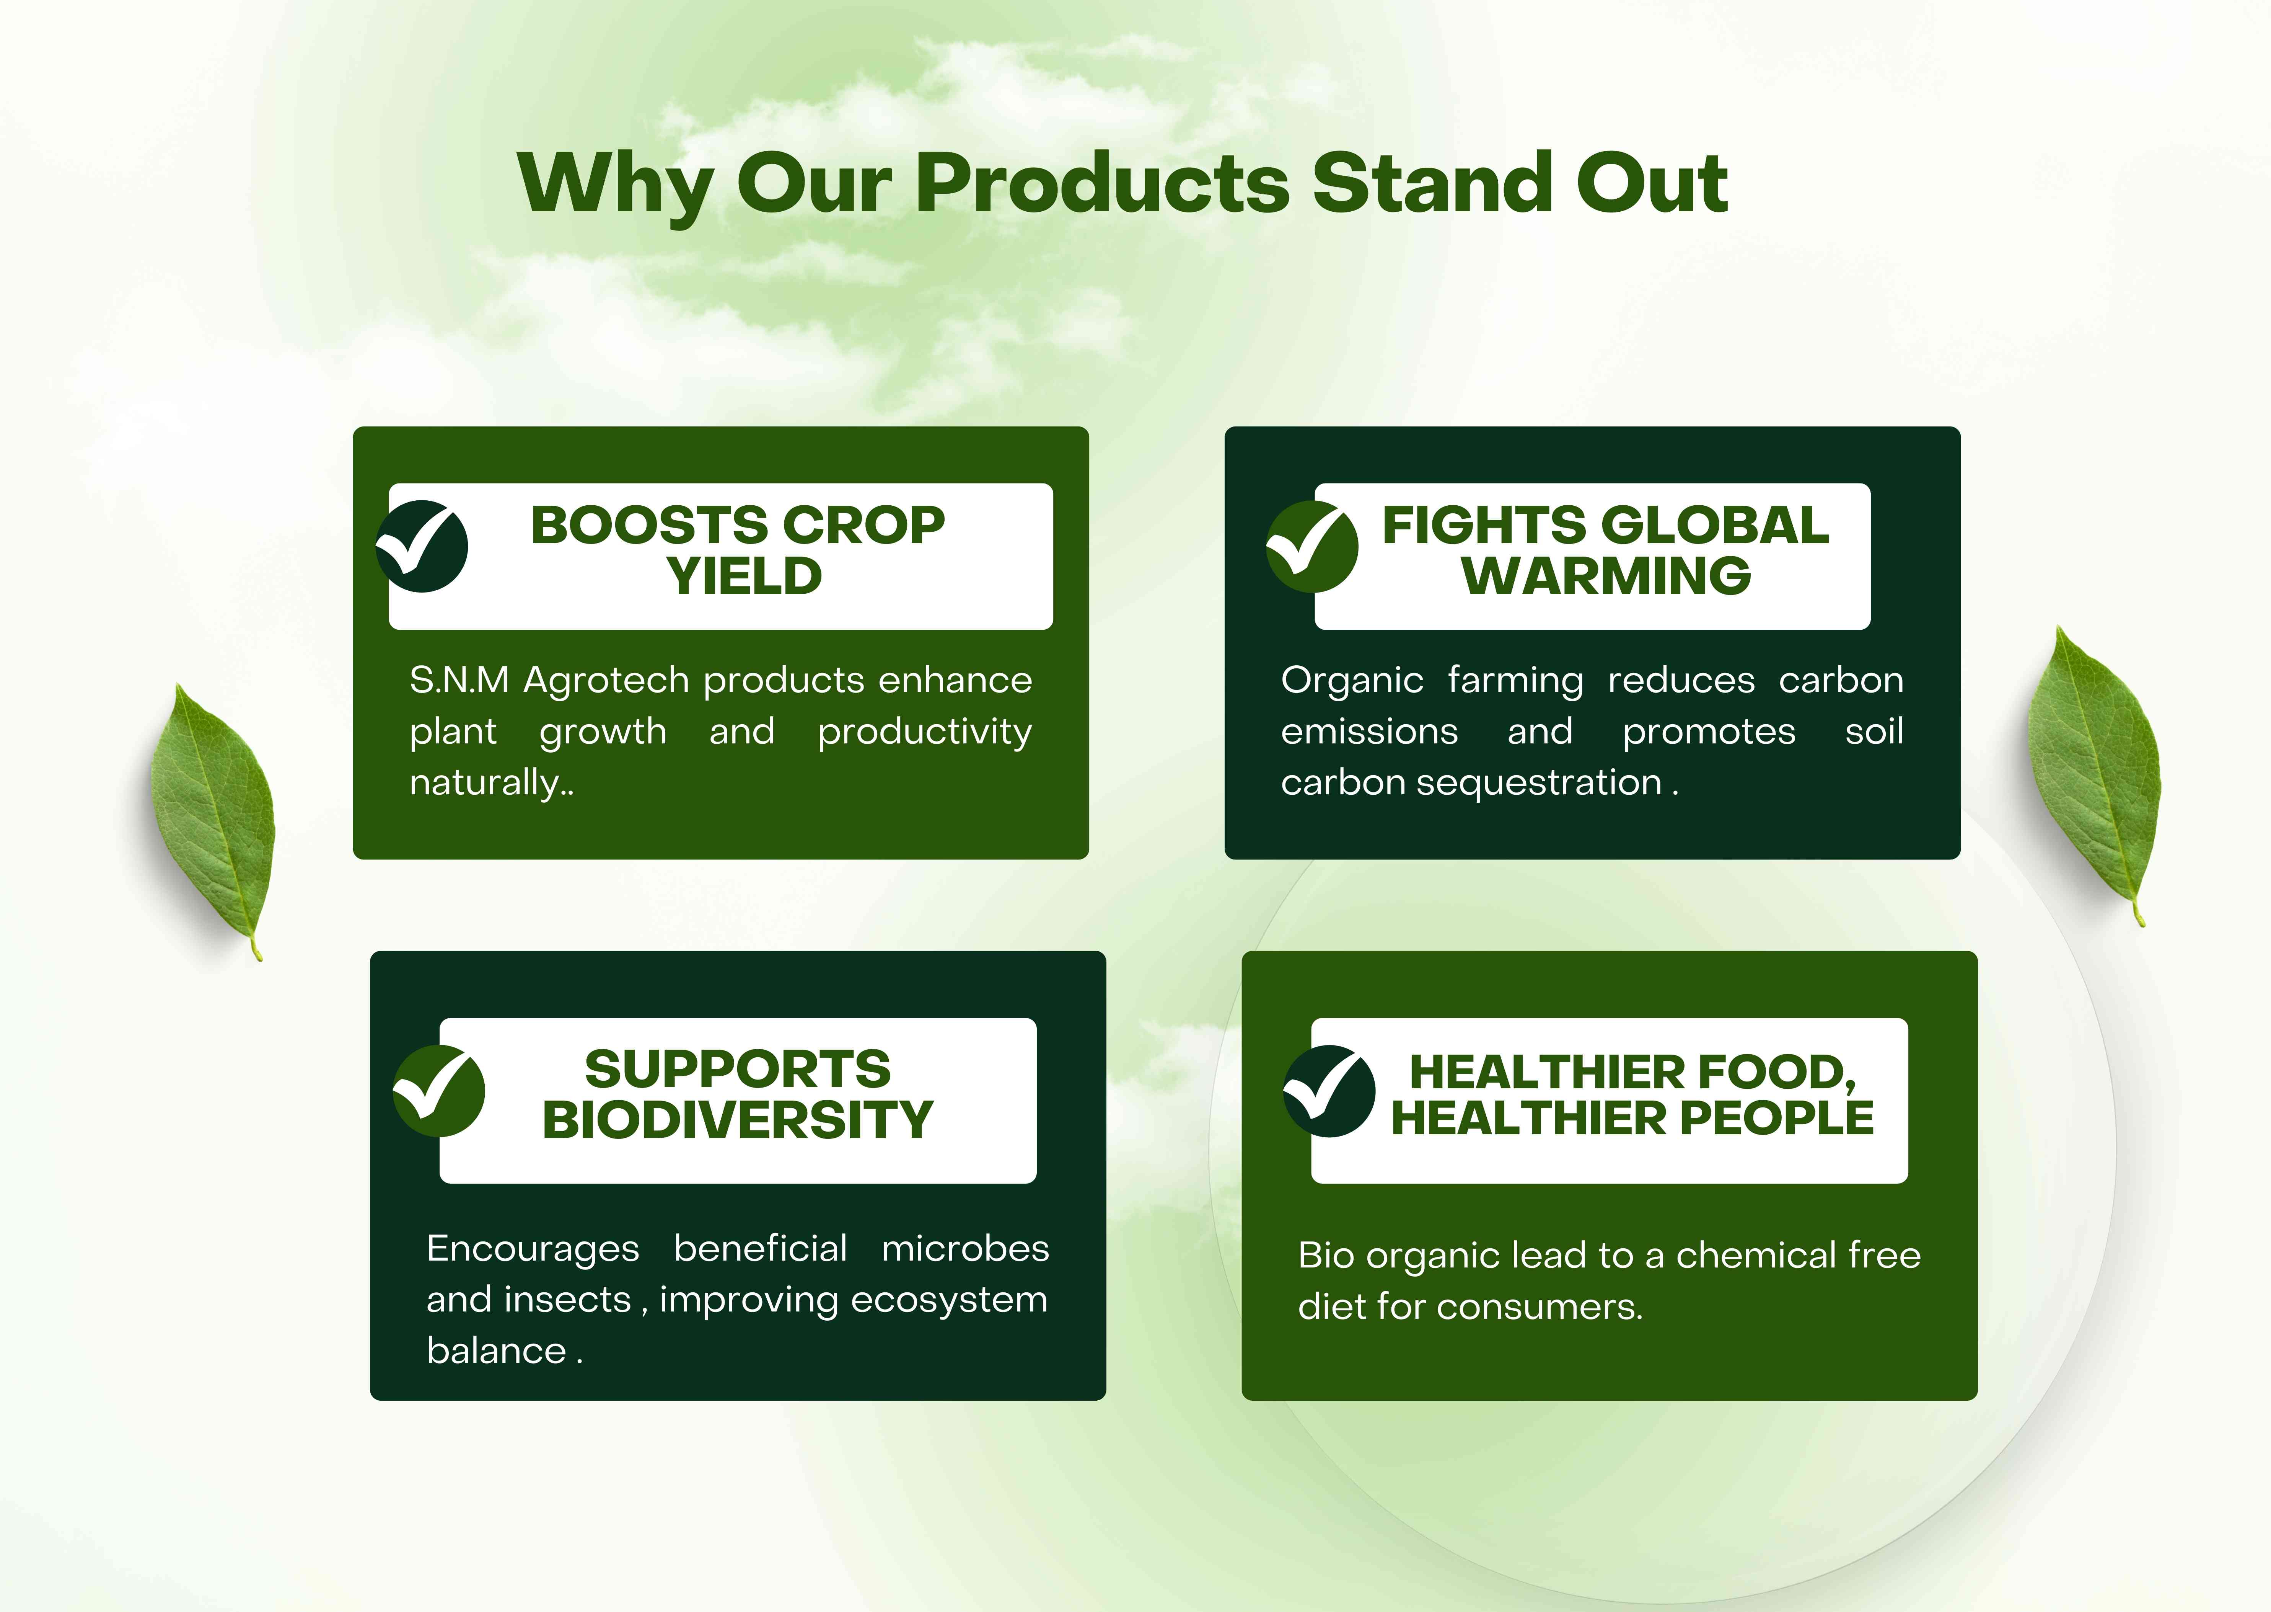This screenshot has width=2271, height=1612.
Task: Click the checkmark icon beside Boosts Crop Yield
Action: tap(422, 546)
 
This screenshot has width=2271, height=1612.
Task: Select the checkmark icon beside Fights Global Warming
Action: tap(1311, 546)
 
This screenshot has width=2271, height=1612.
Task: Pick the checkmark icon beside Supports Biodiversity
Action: tap(438, 1091)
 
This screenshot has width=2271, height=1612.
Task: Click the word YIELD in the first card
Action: tap(744, 577)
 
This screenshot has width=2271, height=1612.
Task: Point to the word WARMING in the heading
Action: tap(1606, 577)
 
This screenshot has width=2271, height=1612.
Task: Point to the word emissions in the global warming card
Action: tap(1369, 733)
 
